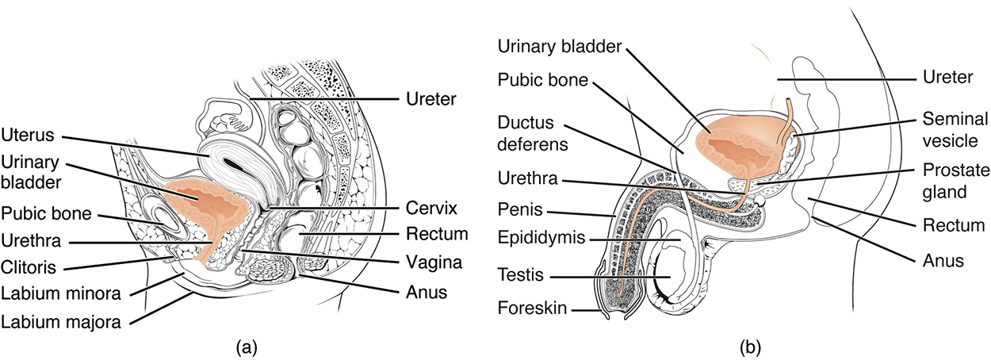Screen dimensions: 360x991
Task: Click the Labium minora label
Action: (x=59, y=293)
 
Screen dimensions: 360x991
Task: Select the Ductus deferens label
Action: (x=532, y=136)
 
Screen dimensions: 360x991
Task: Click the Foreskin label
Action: (x=532, y=308)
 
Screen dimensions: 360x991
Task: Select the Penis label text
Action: (x=520, y=212)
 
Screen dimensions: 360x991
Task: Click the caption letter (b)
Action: (x=747, y=347)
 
